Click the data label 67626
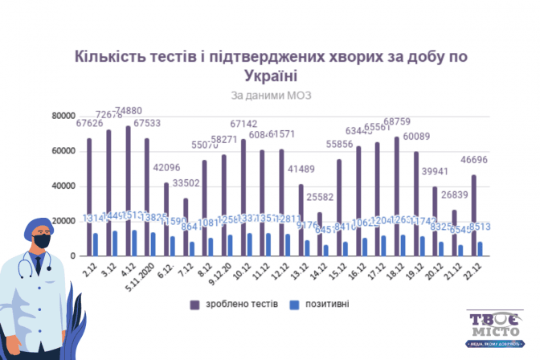coord(89,123)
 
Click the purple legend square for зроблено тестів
coord(194,303)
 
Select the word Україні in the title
coord(269,76)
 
